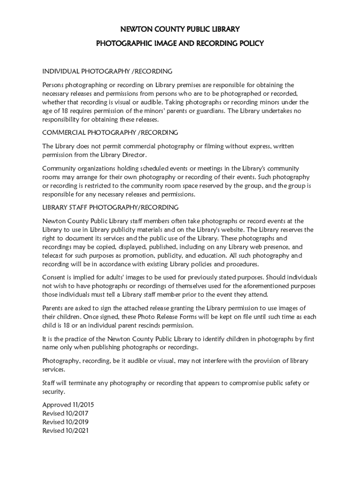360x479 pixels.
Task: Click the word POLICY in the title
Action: click(252, 44)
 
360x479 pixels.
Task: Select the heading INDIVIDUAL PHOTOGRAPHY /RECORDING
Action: click(108, 71)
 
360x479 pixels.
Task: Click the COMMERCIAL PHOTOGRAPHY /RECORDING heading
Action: click(110, 133)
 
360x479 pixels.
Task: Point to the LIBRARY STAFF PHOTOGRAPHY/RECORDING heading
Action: click(110, 207)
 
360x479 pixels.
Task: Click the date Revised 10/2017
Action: click(65, 414)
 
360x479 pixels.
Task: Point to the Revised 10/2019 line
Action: click(65, 422)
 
